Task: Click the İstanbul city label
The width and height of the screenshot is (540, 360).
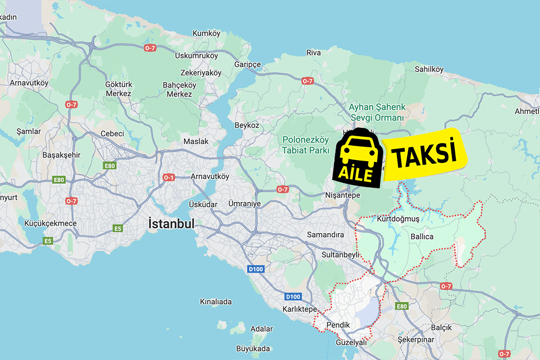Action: (x=171, y=224)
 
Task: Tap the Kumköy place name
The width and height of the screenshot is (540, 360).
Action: (x=207, y=34)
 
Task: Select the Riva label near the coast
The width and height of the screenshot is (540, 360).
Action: (x=313, y=53)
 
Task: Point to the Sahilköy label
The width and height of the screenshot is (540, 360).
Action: (x=429, y=69)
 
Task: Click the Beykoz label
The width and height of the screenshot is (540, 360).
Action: (x=247, y=125)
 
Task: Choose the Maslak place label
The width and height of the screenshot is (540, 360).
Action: (x=196, y=141)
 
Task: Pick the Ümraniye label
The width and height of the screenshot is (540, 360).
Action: (x=244, y=204)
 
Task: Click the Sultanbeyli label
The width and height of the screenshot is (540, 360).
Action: (x=341, y=255)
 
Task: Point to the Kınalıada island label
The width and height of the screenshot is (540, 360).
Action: (x=215, y=302)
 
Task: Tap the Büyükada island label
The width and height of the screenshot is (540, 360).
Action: (x=253, y=348)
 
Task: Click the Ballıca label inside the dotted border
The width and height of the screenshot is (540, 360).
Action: (x=421, y=237)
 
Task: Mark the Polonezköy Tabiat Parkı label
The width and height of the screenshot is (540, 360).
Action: (x=306, y=145)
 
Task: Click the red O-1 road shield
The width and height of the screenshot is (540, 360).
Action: (x=168, y=177)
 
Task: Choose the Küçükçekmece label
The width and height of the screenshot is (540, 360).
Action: (x=51, y=223)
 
